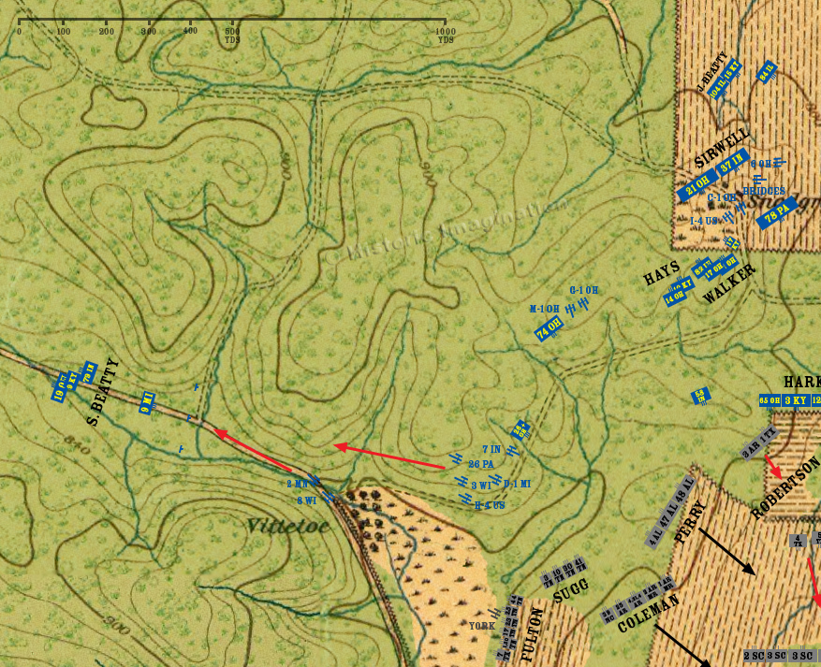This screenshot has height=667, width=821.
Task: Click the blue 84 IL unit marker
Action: tap(767, 70)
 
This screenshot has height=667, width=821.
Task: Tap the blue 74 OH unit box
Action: tap(549, 327)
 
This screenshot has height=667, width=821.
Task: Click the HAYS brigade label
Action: tap(662, 273)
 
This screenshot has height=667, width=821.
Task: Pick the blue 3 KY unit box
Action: tap(796, 400)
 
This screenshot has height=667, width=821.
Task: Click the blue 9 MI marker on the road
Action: tap(146, 401)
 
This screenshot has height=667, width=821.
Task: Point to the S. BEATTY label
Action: tap(103, 391)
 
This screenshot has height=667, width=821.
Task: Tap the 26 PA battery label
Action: tap(481, 463)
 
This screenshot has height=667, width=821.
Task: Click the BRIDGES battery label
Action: tap(764, 191)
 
